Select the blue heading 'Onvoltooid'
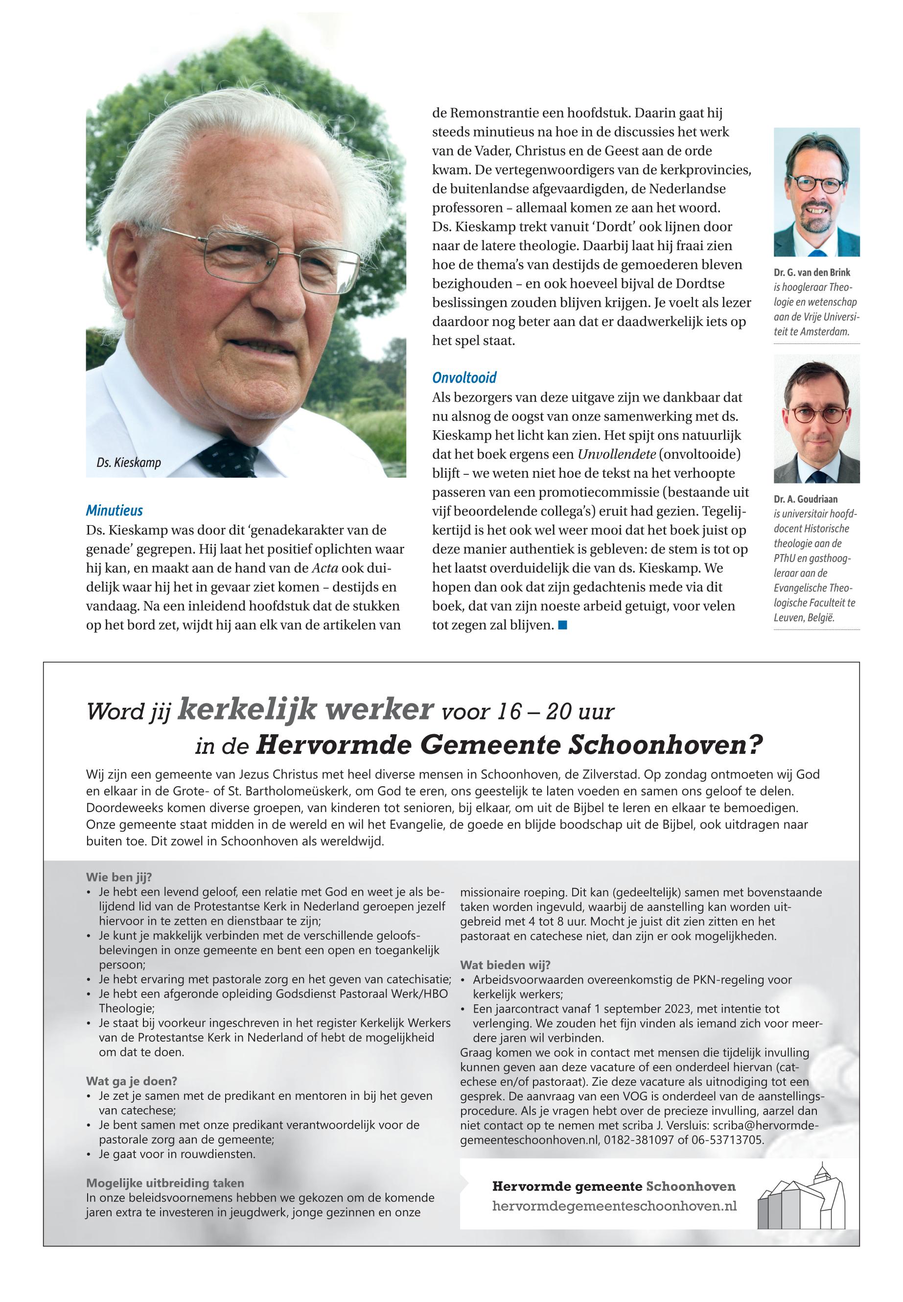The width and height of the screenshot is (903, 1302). [x=464, y=377]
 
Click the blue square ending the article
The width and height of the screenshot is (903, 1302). [x=562, y=625]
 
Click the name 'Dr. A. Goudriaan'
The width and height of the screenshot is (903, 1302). [x=806, y=499]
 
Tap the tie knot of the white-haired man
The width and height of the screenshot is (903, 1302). [x=226, y=456]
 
